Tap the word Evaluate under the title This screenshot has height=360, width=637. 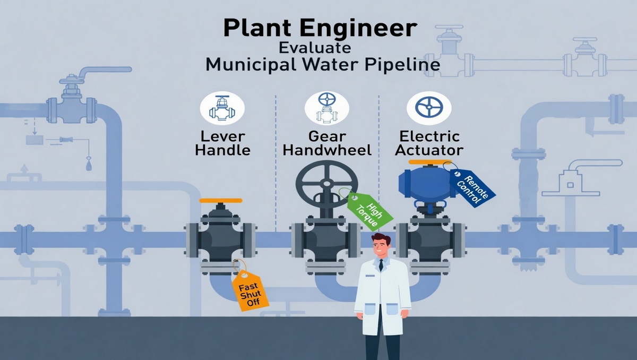(x=314, y=48)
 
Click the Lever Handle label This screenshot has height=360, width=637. (x=222, y=143)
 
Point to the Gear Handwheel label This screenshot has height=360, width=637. (x=327, y=143)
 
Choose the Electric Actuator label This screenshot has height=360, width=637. (x=429, y=143)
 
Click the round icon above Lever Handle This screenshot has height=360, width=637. (x=222, y=108)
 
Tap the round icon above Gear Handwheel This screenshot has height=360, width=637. (x=327, y=108)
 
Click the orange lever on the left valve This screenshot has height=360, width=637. (x=221, y=201)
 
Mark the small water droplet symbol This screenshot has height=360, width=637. (x=89, y=166)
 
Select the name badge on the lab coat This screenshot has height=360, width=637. (x=369, y=276)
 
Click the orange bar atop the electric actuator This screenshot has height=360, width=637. (x=430, y=162)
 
